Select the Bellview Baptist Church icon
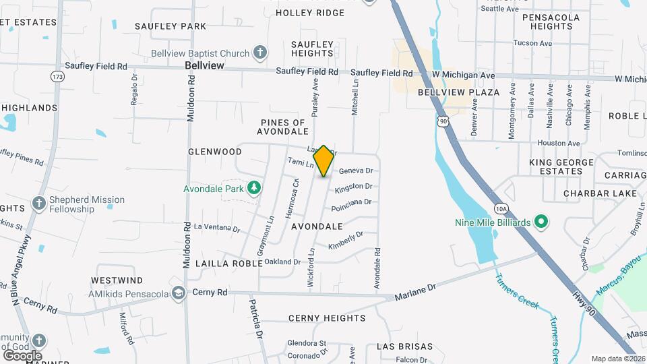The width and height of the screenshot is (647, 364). [260, 53]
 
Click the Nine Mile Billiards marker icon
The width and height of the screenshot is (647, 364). [541, 221]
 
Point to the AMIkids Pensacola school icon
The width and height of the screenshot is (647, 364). [179, 293]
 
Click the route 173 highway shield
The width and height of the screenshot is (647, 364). [57, 77]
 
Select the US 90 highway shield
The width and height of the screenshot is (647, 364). [442, 120]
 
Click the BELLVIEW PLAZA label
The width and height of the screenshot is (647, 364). [459, 92]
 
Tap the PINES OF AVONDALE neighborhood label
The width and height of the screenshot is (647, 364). [284, 127]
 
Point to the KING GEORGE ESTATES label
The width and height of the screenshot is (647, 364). [555, 166]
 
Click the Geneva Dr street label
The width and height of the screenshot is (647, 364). [355, 171]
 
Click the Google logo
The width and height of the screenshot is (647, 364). [22, 355]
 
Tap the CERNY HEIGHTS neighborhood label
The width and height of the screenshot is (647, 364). [327, 318]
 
